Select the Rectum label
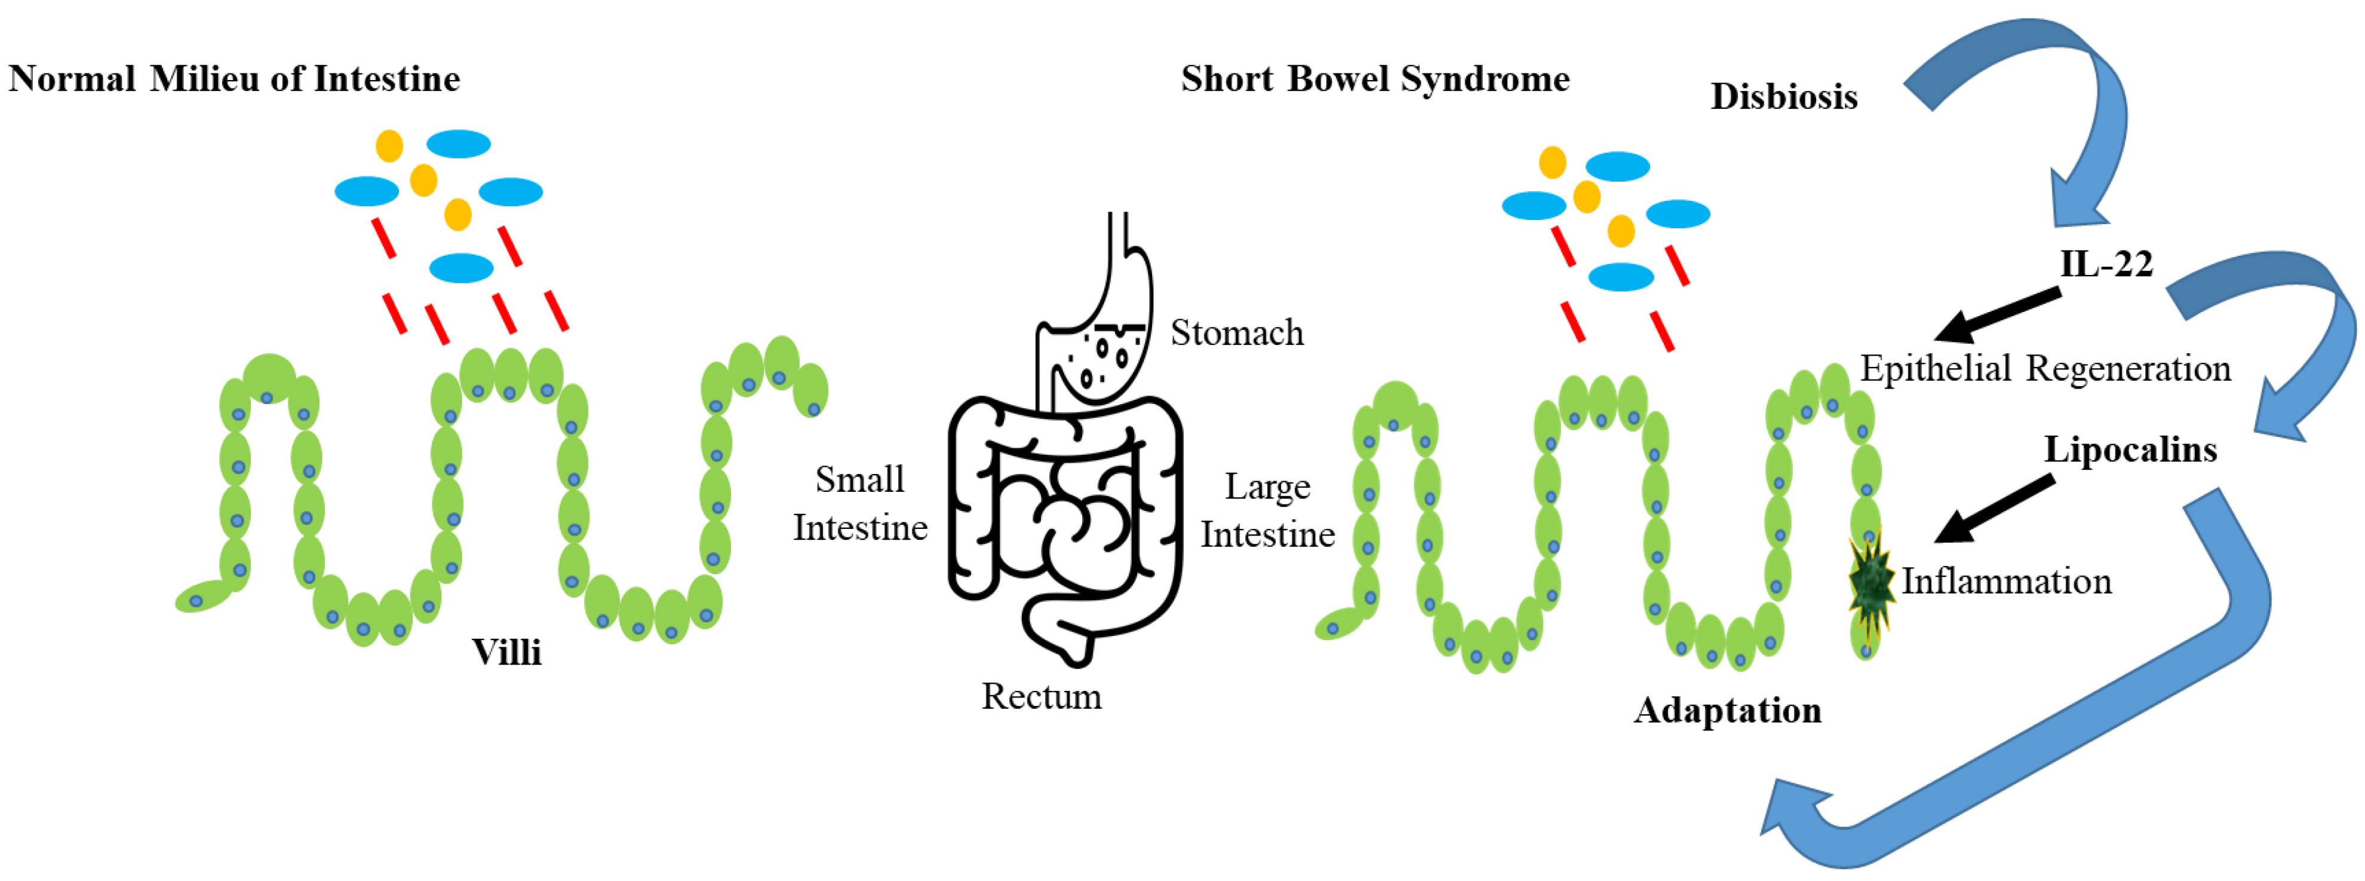click(1041, 696)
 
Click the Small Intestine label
click(860, 503)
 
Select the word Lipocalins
click(2130, 449)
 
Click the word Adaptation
click(1727, 710)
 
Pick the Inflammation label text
click(2006, 582)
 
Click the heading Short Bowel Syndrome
click(1374, 79)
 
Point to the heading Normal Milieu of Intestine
click(234, 79)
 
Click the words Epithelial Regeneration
click(2044, 368)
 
